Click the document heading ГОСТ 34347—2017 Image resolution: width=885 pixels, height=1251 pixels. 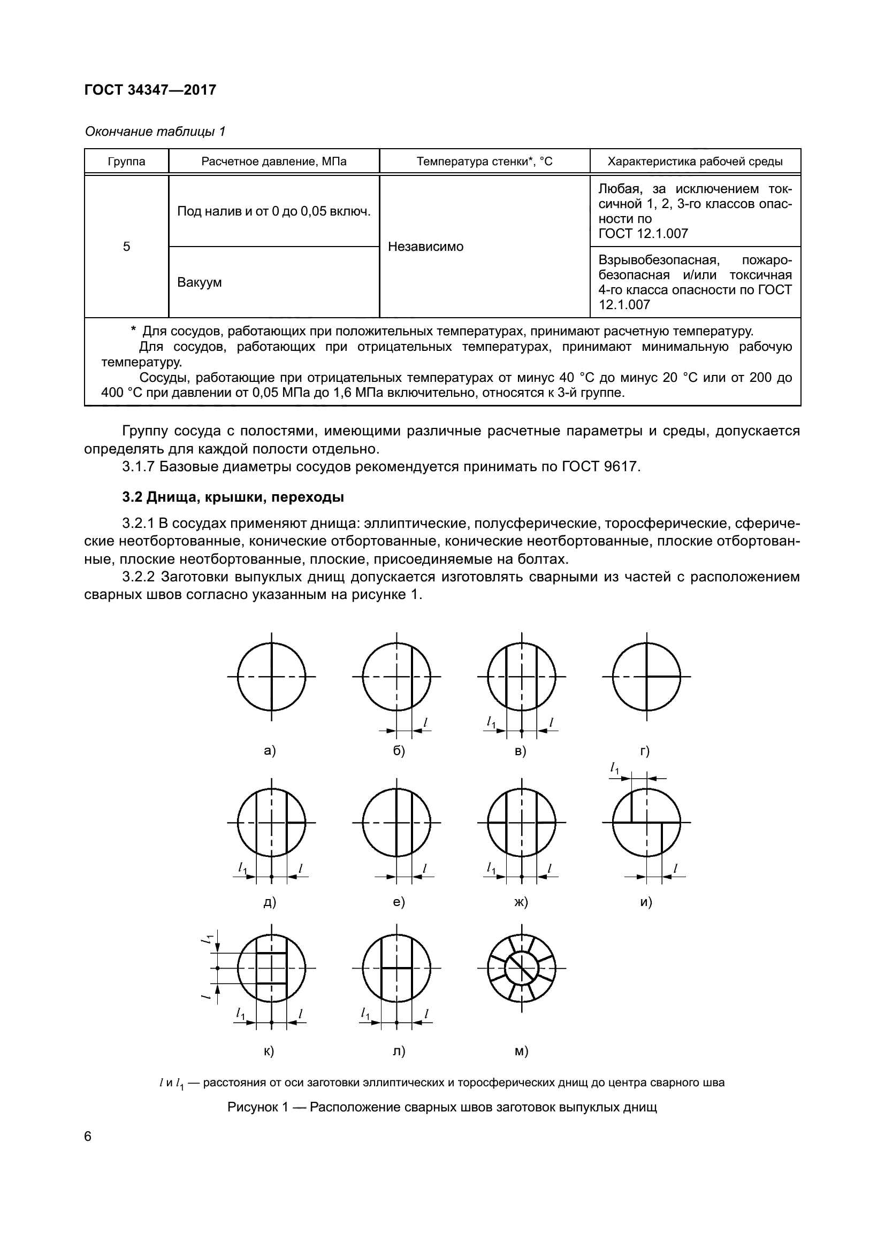coord(150,90)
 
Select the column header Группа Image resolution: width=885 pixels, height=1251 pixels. coord(126,162)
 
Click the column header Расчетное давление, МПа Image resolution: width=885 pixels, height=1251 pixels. coord(273,162)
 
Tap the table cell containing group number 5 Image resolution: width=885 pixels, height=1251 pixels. coord(126,247)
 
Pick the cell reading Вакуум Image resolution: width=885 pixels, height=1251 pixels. coord(200,283)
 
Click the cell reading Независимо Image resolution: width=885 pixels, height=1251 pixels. coord(425,247)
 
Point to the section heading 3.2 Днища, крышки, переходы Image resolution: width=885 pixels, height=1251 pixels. coord(233,497)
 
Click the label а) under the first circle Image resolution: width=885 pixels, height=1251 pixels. coord(270,751)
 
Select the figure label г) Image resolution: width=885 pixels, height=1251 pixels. coord(645,751)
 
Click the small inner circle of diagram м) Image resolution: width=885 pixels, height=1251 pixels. coord(522,969)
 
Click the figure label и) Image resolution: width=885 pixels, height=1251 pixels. coord(646,902)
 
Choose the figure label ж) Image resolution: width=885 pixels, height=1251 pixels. coord(522,902)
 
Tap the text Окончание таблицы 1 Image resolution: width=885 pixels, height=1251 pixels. coord(155,132)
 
